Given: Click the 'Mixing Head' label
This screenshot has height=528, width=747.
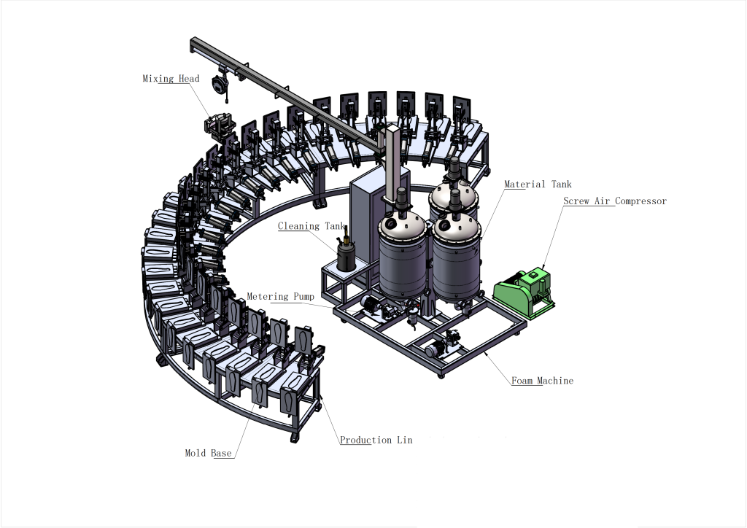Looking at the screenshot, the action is (171, 79).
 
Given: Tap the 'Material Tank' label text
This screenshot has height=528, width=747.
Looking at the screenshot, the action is (538, 185).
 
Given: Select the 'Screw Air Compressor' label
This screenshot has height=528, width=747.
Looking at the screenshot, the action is (615, 201).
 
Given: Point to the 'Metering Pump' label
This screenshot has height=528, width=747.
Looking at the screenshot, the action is (281, 297).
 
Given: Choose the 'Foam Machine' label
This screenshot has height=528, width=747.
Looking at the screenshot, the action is (543, 381).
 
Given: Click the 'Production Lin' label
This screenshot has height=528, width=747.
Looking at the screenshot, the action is (376, 440).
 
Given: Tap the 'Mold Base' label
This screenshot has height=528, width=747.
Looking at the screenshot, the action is (208, 453).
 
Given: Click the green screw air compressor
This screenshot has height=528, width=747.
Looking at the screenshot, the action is (524, 292).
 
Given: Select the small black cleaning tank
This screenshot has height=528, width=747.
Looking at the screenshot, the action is (346, 255).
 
